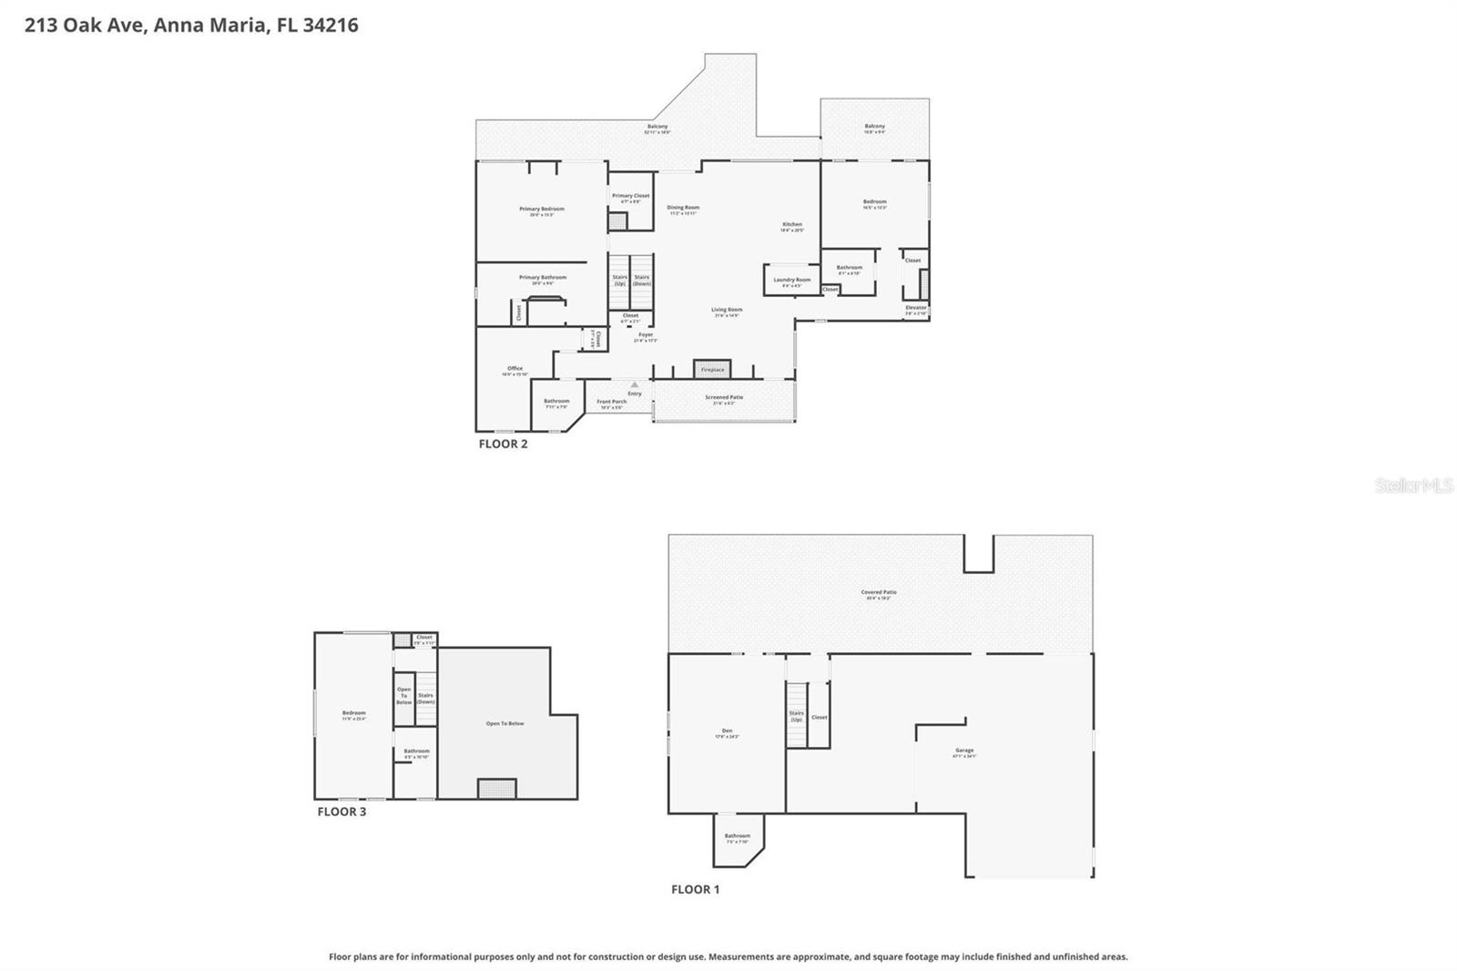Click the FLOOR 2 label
[503, 445]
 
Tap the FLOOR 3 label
[341, 812]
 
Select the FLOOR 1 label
[695, 889]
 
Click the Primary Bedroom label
[542, 210]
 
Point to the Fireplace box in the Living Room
[712, 369]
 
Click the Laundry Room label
[791, 281]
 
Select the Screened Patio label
[724, 398]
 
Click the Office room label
[515, 369]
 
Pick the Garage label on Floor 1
[964, 751]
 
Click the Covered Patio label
[879, 593]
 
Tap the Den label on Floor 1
[727, 731]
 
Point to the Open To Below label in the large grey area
[504, 723]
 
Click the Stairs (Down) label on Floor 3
[425, 698]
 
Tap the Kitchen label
[792, 225]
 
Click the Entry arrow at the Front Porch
[635, 386]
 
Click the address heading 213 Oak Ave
[191, 25]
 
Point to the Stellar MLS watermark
[1412, 485]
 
